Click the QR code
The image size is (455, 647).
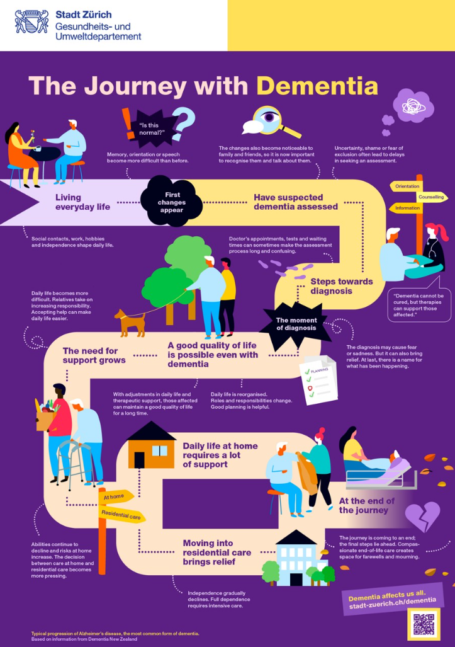click(424, 624)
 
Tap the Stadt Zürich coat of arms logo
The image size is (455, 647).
click(31, 22)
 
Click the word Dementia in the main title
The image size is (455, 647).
click(317, 86)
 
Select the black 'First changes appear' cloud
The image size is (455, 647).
click(171, 202)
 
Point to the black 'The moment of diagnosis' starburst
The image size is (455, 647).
click(296, 324)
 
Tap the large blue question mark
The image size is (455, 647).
click(183, 123)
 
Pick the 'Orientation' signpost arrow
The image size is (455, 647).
click(406, 186)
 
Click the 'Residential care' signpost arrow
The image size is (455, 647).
click(121, 515)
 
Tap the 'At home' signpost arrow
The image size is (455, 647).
click(116, 496)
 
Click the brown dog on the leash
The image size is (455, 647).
click(131, 323)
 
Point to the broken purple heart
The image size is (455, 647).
click(422, 517)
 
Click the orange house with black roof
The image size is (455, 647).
click(151, 445)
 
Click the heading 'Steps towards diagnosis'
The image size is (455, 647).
click(341, 286)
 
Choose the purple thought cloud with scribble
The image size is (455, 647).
click(413, 106)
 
